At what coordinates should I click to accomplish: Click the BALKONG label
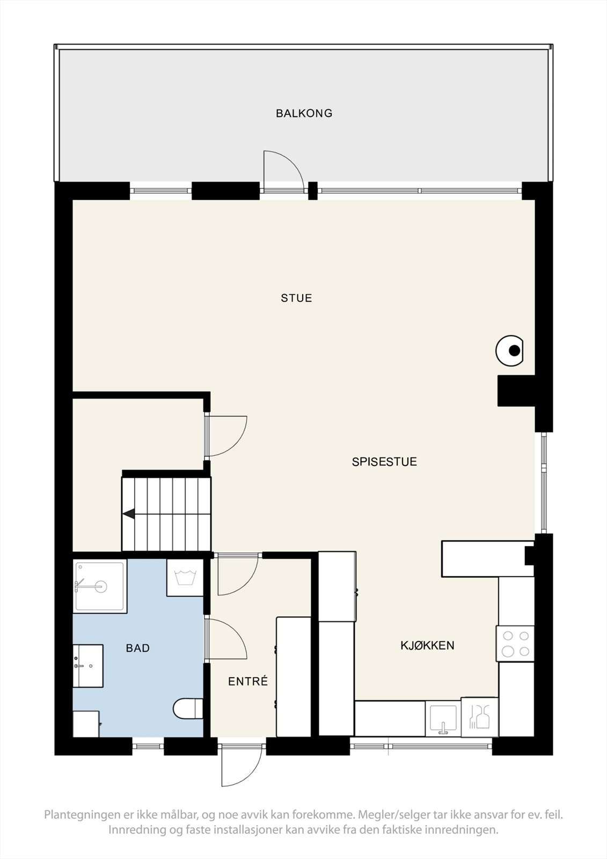(304, 113)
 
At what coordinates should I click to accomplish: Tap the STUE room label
(296, 298)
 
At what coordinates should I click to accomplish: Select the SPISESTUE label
(384, 462)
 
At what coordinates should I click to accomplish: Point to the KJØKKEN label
(427, 645)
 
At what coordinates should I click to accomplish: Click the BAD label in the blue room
(137, 648)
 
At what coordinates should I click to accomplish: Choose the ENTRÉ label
(247, 681)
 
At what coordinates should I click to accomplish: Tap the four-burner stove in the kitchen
(515, 644)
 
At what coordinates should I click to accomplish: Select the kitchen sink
(443, 718)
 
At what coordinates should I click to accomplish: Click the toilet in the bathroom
(188, 708)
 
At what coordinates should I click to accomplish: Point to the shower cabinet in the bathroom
(100, 586)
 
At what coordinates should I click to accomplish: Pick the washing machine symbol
(185, 578)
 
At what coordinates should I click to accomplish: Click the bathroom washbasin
(87, 666)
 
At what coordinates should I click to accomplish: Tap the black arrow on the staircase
(129, 514)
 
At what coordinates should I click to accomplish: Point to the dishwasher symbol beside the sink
(479, 717)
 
